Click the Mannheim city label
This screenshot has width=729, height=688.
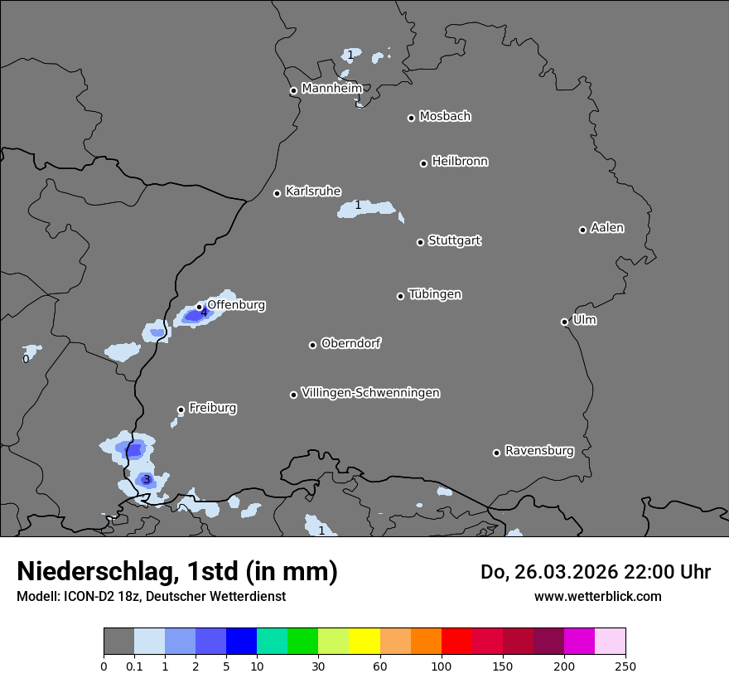[331, 88]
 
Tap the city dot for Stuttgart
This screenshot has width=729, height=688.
[420, 242]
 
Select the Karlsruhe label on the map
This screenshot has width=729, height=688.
[313, 191]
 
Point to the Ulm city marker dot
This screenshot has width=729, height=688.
[564, 322]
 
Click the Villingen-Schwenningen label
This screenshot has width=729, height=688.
[370, 393]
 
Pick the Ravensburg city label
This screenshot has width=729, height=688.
[539, 451]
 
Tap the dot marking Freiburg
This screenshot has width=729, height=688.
[181, 409]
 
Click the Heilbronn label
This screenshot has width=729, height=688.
[460, 162]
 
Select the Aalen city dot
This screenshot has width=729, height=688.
[582, 230]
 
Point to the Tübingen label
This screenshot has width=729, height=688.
[435, 294]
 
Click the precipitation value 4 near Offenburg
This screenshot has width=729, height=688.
[204, 313]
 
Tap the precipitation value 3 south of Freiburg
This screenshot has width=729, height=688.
[146, 479]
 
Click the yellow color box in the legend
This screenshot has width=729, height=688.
[364, 642]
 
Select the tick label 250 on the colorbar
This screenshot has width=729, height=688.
[625, 665]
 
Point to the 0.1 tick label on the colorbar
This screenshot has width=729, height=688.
[134, 665]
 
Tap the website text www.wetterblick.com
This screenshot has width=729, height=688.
[597, 596]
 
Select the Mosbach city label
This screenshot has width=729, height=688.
[445, 116]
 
